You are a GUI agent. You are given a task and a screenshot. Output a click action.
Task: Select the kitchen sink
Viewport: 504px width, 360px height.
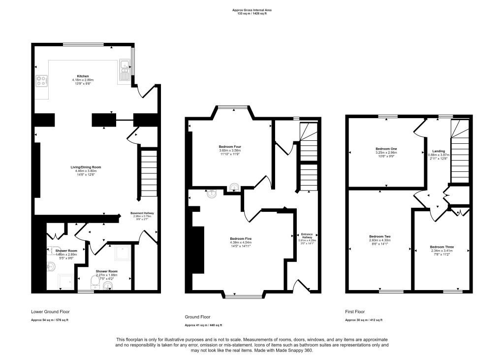coord(124,74)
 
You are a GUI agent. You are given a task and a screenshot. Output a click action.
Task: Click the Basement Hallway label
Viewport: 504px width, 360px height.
coord(142,213)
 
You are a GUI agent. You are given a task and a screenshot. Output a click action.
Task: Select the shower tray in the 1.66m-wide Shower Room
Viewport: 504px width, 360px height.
coord(65,281)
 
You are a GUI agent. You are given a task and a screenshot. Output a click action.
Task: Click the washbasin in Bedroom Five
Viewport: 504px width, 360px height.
coord(212,194)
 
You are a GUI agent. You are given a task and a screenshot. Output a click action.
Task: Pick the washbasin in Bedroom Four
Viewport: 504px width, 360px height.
coord(235,187)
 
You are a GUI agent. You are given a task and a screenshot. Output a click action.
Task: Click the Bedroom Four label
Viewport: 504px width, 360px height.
coord(230,147)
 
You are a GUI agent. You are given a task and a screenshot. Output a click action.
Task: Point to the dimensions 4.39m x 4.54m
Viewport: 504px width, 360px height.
coord(241,242)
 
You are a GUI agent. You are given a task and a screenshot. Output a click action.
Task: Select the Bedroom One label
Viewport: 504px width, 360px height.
coord(386,149)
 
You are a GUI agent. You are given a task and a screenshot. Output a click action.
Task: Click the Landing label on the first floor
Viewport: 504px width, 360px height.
coord(439,151)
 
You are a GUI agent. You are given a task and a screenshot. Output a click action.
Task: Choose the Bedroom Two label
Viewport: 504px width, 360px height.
coord(379,236)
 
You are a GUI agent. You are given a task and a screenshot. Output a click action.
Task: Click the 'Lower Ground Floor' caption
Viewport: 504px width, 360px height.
coord(50,312)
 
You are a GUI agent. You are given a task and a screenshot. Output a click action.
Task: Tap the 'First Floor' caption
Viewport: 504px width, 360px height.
coord(355,312)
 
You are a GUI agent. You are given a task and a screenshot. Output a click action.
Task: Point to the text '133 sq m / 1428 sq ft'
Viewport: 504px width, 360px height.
coord(252,14)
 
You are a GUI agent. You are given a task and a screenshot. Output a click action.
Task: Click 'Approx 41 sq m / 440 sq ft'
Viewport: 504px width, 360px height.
coord(203,325)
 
